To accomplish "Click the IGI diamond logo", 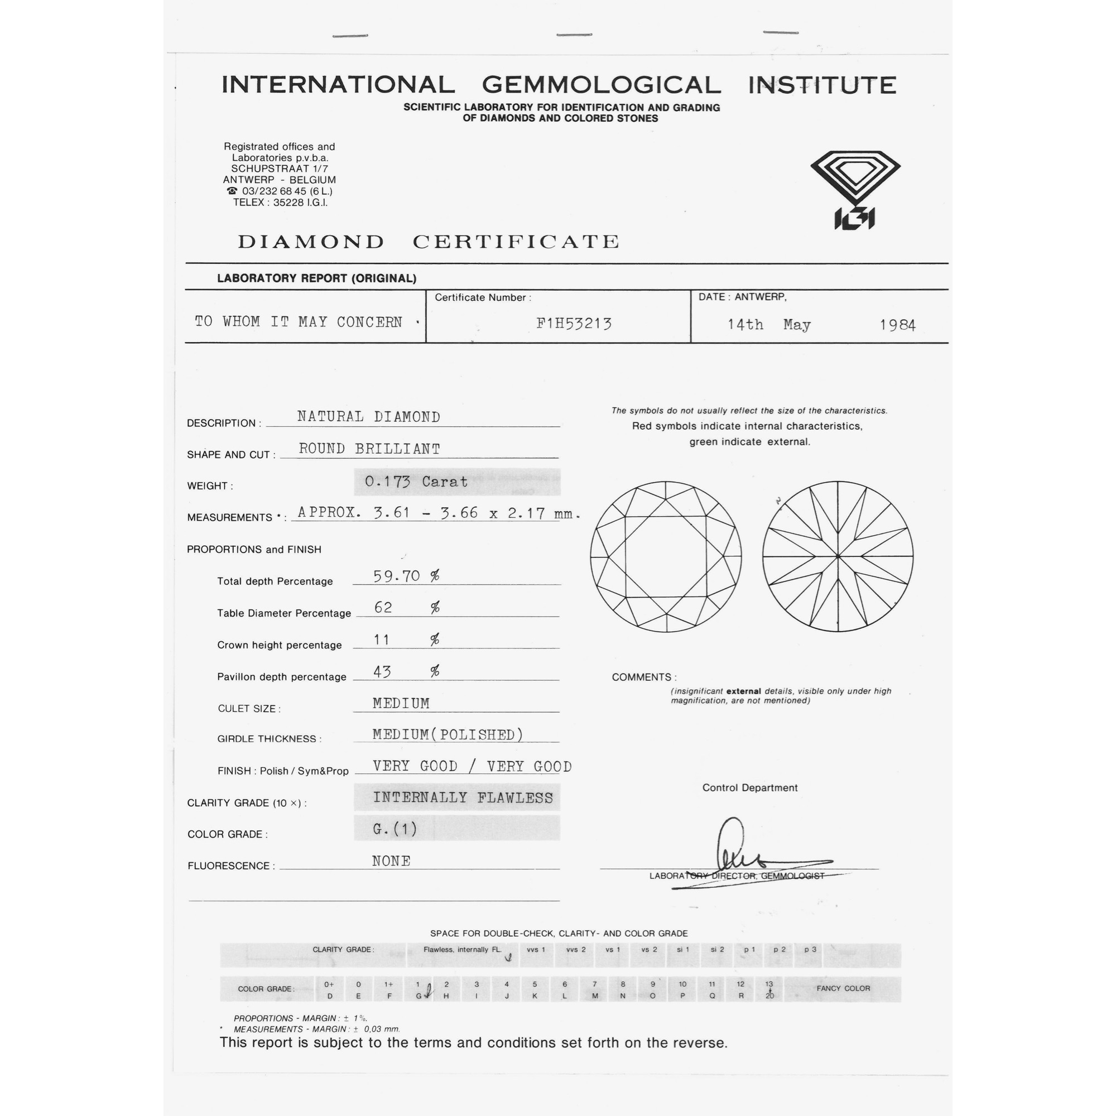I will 855,189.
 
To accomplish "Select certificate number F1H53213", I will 574,324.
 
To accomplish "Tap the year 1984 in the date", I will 897,325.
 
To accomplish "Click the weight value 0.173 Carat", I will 416,482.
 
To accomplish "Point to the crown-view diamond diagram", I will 666,557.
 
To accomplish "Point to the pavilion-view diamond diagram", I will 838,557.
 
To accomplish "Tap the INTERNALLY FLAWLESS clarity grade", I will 463,798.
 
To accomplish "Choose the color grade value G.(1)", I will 395,830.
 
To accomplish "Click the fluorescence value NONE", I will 391,861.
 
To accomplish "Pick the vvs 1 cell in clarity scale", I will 536,949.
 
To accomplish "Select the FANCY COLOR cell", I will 843,988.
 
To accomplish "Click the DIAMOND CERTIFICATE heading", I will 428,242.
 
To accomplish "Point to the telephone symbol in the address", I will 232,191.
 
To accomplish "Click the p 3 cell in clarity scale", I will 810,949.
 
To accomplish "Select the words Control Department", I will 750,788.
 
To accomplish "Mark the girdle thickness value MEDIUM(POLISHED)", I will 448,735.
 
